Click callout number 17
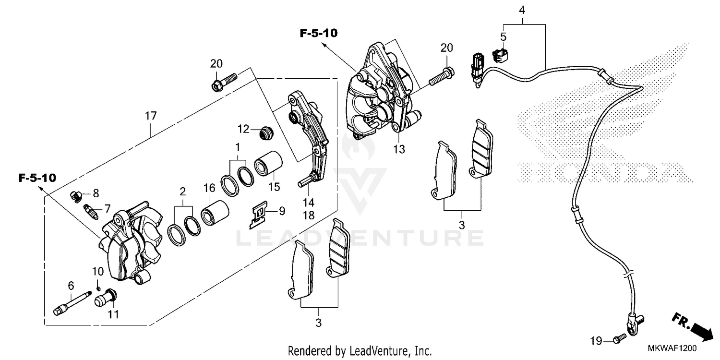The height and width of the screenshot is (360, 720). click(x=151, y=116)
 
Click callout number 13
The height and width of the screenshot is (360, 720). click(x=399, y=149)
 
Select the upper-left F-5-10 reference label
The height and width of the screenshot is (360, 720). click(x=319, y=33)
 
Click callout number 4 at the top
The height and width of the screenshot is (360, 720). click(x=522, y=10)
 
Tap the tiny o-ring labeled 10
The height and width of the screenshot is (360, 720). click(x=98, y=288)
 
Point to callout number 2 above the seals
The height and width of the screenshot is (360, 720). click(x=183, y=192)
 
